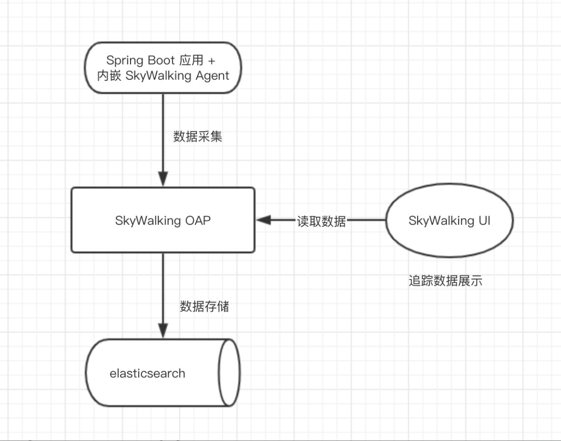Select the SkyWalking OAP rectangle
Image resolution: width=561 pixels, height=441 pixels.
click(163, 219)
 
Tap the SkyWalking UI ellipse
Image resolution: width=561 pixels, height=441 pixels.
click(449, 220)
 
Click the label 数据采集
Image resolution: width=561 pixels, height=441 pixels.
click(197, 137)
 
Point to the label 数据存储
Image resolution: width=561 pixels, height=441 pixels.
click(204, 306)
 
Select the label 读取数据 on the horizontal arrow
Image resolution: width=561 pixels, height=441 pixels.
click(322, 221)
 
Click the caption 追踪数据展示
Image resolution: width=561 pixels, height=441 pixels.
click(445, 281)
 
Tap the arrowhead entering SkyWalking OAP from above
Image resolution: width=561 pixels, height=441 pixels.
click(163, 179)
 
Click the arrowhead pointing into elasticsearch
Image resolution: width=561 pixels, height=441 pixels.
click(163, 330)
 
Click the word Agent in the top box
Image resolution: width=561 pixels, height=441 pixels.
click(213, 76)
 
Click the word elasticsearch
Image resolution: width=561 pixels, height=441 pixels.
click(147, 373)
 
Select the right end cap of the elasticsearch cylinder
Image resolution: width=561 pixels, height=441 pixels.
click(230, 373)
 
